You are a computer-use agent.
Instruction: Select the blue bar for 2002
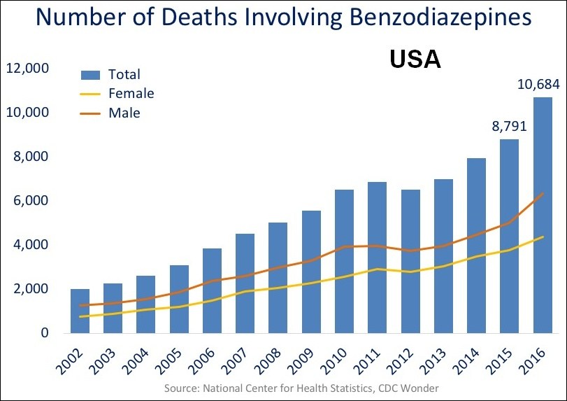point(80,311)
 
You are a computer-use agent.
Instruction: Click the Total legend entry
point(124,74)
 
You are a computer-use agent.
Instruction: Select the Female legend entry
point(131,93)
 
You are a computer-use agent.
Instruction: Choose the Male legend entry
point(124,113)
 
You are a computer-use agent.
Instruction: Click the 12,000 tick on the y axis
point(27,69)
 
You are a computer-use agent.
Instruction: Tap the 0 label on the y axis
point(43,333)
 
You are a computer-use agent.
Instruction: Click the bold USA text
point(415,60)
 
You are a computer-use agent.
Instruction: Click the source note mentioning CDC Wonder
point(302,388)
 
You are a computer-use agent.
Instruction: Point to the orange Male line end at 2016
point(543,193)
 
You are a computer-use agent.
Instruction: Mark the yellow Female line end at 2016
point(543,237)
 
